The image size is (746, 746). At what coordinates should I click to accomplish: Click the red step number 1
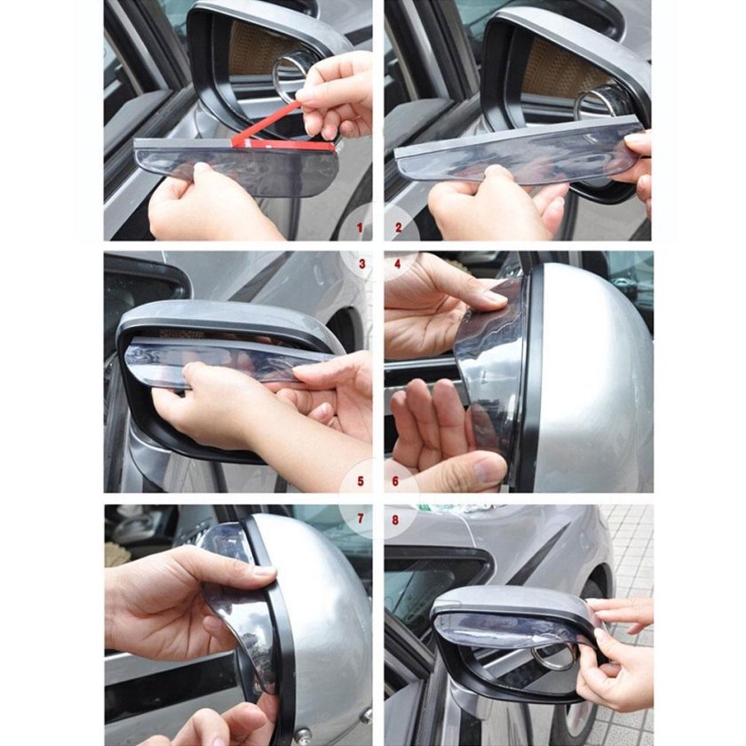tap(361, 228)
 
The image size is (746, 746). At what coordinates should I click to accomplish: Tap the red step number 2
tap(399, 228)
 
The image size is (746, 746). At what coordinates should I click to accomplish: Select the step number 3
tap(362, 264)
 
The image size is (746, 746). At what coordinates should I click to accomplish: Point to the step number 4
tap(398, 264)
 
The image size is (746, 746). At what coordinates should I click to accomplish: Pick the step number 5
tap(361, 481)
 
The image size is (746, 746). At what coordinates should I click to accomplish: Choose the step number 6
tap(395, 481)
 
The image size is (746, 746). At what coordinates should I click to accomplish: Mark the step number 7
tap(361, 519)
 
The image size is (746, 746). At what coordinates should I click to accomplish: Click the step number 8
tap(395, 520)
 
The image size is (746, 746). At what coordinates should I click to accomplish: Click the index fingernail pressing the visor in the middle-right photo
tap(495, 298)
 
